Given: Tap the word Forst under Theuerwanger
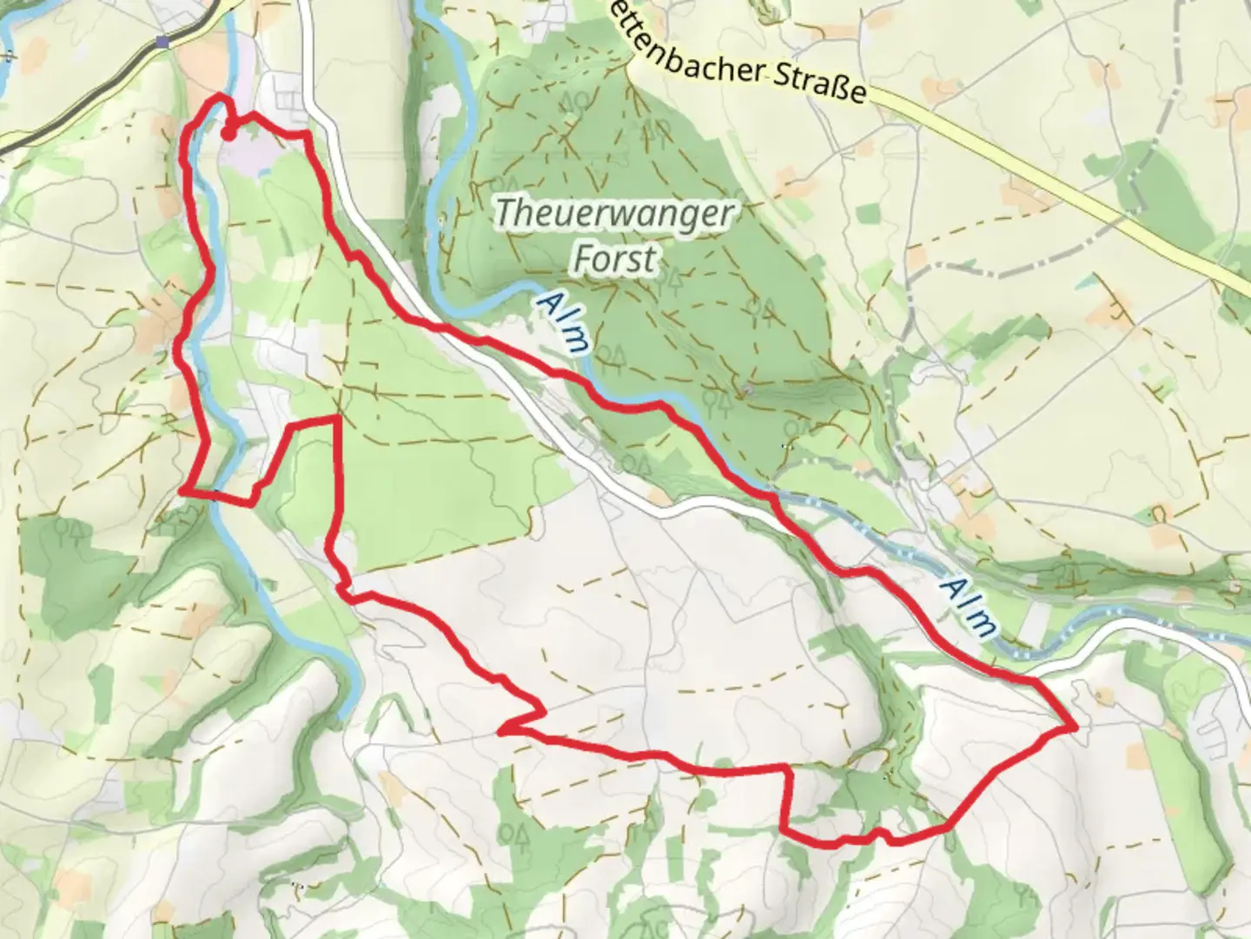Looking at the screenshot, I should [x=615, y=259].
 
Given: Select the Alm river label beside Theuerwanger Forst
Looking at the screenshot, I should [x=562, y=321].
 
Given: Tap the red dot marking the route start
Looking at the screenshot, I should [x=228, y=134].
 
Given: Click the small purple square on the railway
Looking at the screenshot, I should [x=163, y=41].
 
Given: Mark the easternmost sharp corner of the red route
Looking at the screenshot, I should [x=1076, y=724].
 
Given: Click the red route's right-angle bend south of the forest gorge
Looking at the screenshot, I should [x=788, y=769].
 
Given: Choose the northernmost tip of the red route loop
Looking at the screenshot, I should [x=220, y=98].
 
